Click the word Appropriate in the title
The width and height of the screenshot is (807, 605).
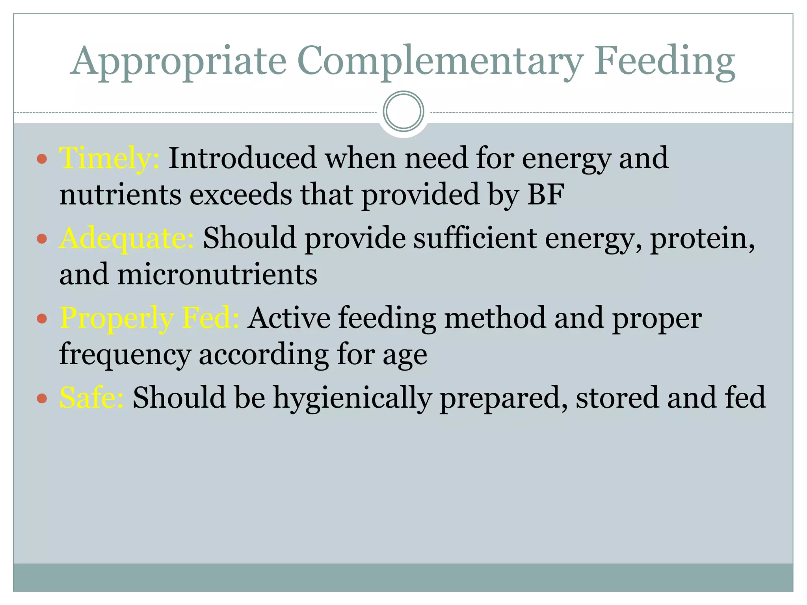pos(178,61)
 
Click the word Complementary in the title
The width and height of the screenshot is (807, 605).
pos(440,61)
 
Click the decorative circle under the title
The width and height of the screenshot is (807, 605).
pos(403,111)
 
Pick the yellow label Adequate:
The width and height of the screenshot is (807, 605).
pos(126,239)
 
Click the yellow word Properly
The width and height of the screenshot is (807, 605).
pos(117,318)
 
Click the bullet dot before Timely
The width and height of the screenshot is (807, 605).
pos(42,159)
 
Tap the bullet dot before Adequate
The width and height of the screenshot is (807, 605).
pos(42,239)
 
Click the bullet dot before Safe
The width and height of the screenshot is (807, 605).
pos(42,398)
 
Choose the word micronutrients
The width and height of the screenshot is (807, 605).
pos(217,274)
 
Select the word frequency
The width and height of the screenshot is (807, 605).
pos(125,354)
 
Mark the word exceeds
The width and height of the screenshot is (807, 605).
pos(241,194)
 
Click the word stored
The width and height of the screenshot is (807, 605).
pos(617,398)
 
